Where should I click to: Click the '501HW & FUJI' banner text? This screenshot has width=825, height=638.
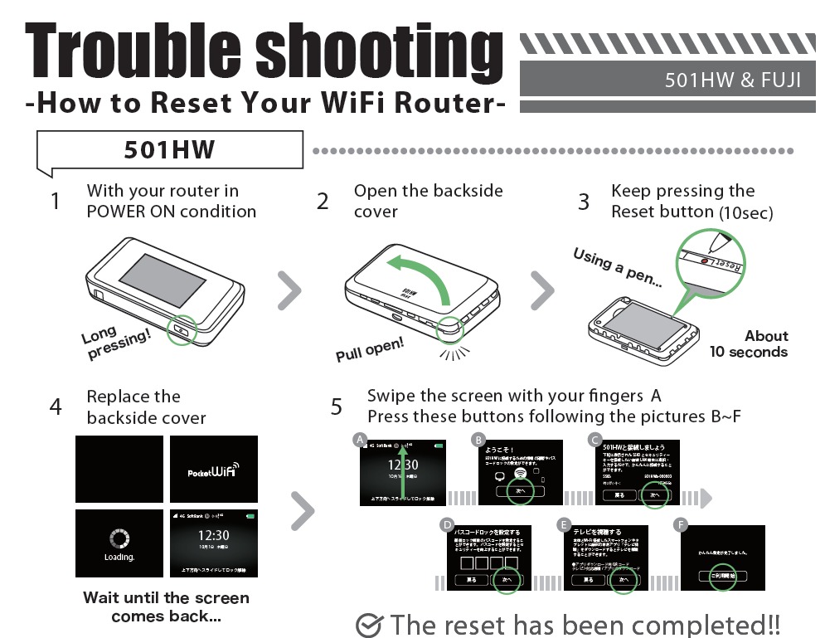coord(732,80)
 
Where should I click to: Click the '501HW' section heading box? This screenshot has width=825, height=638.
coord(169,150)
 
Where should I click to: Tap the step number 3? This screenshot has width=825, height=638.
coord(584,202)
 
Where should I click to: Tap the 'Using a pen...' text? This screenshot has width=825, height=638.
coord(618,267)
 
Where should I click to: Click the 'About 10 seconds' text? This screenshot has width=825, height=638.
coord(749,343)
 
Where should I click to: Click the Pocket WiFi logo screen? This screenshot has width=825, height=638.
coord(214,469)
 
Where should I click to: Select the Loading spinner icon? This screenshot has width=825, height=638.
coord(119,538)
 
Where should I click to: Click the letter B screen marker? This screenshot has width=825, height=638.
coord(478,439)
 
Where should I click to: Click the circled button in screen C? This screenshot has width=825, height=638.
coord(655,494)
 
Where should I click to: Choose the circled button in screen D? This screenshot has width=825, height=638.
coord(507,579)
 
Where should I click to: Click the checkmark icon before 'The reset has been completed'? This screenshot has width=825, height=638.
coord(368,625)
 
